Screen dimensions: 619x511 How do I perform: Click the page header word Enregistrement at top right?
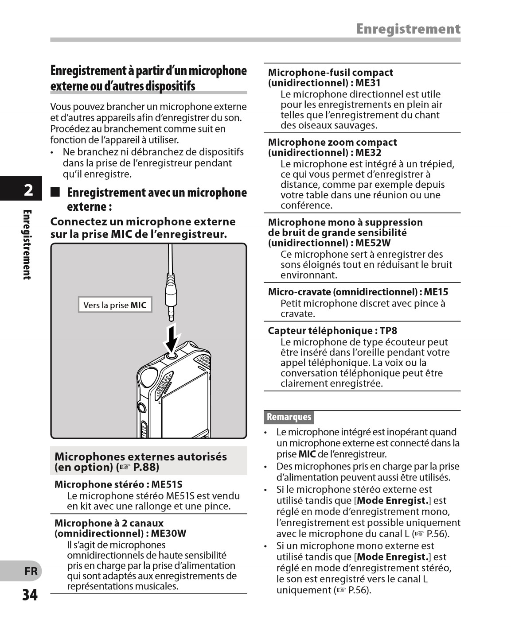(408, 29)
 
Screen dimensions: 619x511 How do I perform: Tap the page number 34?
(30, 595)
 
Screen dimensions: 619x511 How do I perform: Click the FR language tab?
(31, 571)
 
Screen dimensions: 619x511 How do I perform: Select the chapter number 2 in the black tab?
(28, 190)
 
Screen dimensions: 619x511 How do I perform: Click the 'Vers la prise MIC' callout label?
(115, 305)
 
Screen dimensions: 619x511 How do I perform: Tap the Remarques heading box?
(289, 417)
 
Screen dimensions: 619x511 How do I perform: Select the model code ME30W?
(168, 534)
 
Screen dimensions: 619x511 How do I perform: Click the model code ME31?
(368, 83)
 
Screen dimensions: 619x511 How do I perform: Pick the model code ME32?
(368, 153)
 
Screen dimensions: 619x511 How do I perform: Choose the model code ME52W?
(373, 243)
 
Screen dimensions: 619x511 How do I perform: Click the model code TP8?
(388, 331)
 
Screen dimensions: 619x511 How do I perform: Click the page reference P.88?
(145, 467)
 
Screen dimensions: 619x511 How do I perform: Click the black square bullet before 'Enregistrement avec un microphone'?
(55, 193)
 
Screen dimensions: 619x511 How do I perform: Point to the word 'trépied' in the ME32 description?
(436, 164)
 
